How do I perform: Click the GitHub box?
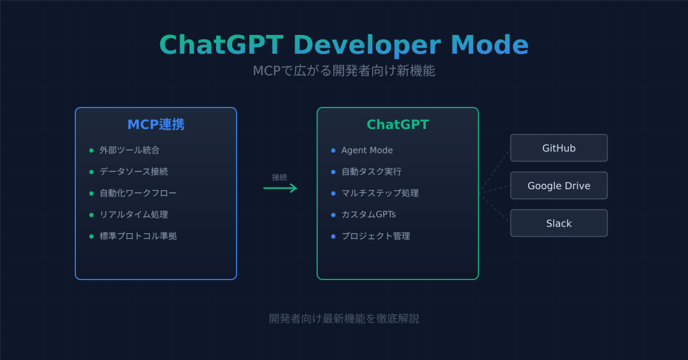tap(558, 148)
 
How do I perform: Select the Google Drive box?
tap(558, 186)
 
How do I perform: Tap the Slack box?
tap(558, 224)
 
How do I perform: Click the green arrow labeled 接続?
tap(280, 188)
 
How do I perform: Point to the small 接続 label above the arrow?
tap(280, 177)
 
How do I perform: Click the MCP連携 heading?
tap(155, 124)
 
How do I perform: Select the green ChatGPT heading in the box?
tap(397, 124)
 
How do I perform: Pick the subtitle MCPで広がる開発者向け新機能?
tap(344, 71)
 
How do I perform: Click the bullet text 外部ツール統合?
tap(130, 150)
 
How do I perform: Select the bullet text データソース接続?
tap(134, 171)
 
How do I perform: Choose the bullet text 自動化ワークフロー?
tap(138, 193)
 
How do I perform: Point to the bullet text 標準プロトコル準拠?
tap(138, 236)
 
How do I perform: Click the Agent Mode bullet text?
tap(367, 150)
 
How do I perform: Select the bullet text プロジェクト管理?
tap(376, 236)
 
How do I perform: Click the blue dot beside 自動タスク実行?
tap(333, 171)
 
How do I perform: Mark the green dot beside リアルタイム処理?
tap(91, 214)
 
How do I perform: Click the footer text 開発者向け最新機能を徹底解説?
tap(344, 318)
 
